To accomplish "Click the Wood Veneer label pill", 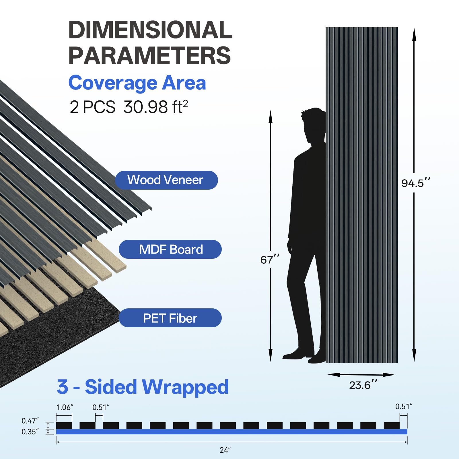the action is [x=166, y=180].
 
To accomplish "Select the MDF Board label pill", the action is [x=170, y=249].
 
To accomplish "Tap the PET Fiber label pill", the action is [x=170, y=318].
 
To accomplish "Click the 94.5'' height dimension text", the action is [x=416, y=183].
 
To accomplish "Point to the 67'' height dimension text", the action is [x=270, y=259].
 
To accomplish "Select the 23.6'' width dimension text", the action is [x=363, y=385].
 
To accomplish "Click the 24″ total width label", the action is [x=225, y=450].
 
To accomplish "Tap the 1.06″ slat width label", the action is [x=65, y=407].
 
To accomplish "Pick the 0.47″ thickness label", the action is [x=30, y=421].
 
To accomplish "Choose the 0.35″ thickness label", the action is [x=30, y=432].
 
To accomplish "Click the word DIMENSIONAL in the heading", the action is [x=150, y=30].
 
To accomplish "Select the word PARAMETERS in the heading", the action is [x=149, y=56].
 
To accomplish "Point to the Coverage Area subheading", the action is [x=137, y=83].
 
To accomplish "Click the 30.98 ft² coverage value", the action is [x=156, y=107].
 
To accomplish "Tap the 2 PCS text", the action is [x=92, y=107].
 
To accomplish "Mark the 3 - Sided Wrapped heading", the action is [x=143, y=387].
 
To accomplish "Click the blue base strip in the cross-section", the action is [x=232, y=432].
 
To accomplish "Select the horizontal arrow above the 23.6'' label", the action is [x=361, y=375].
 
